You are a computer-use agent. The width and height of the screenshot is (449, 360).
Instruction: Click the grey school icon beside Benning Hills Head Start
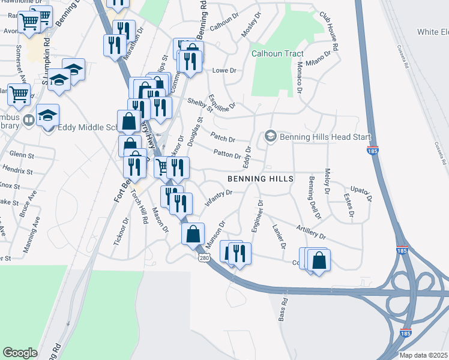pyautogui.click(x=270, y=137)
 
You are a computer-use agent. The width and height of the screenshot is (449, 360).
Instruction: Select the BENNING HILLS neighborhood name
pyautogui.click(x=261, y=179)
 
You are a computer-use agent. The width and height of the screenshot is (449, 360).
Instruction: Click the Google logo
pyautogui.click(x=20, y=353)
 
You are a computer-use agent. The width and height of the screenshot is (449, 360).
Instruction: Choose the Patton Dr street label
pyautogui.click(x=227, y=155)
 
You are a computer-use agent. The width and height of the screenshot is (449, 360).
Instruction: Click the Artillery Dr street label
pyautogui.click(x=310, y=232)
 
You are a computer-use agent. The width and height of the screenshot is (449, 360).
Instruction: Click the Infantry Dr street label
pyautogui.click(x=218, y=197)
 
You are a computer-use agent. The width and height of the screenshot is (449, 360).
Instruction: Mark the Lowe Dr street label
pyautogui.click(x=221, y=71)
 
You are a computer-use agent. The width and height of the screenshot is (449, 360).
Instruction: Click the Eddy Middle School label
pyautogui.click(x=84, y=127)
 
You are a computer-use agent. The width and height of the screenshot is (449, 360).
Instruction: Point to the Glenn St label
pyautogui.click(x=20, y=154)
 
